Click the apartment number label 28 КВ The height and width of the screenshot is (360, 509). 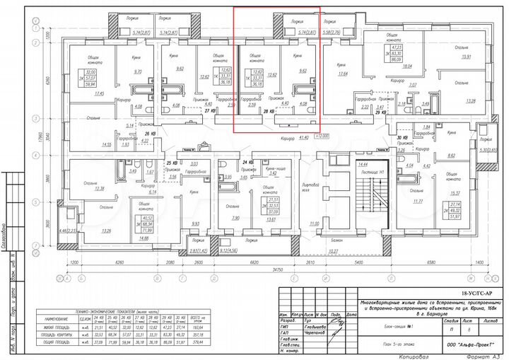[268, 112]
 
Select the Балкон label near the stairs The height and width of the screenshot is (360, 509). [337, 241]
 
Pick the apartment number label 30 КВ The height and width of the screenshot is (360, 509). [403, 138]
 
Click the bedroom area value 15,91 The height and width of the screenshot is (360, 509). [466, 57]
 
